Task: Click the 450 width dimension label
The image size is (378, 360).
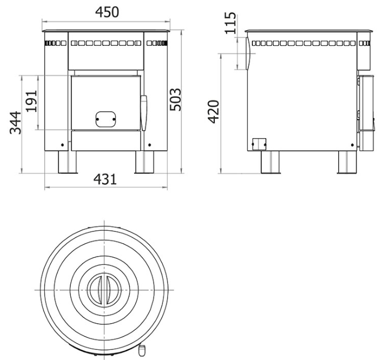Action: coord(107,12)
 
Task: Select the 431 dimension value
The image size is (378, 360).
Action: coord(105,179)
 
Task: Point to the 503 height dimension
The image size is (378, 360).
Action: coord(175,100)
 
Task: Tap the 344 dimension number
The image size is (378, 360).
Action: coord(16,122)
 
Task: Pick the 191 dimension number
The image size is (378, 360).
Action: coord(32,101)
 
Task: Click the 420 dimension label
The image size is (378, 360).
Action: coord(213,111)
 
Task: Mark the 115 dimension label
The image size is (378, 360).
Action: coord(230,23)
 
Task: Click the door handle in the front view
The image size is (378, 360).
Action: coord(143,113)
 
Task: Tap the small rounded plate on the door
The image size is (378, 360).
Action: coord(106,119)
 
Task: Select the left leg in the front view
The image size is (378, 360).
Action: coord(67,162)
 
